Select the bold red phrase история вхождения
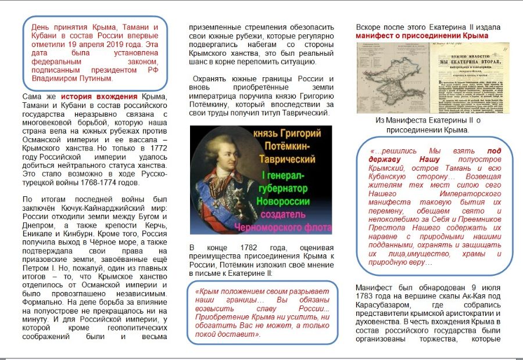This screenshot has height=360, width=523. (98, 97)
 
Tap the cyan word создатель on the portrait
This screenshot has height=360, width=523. (290, 214)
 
